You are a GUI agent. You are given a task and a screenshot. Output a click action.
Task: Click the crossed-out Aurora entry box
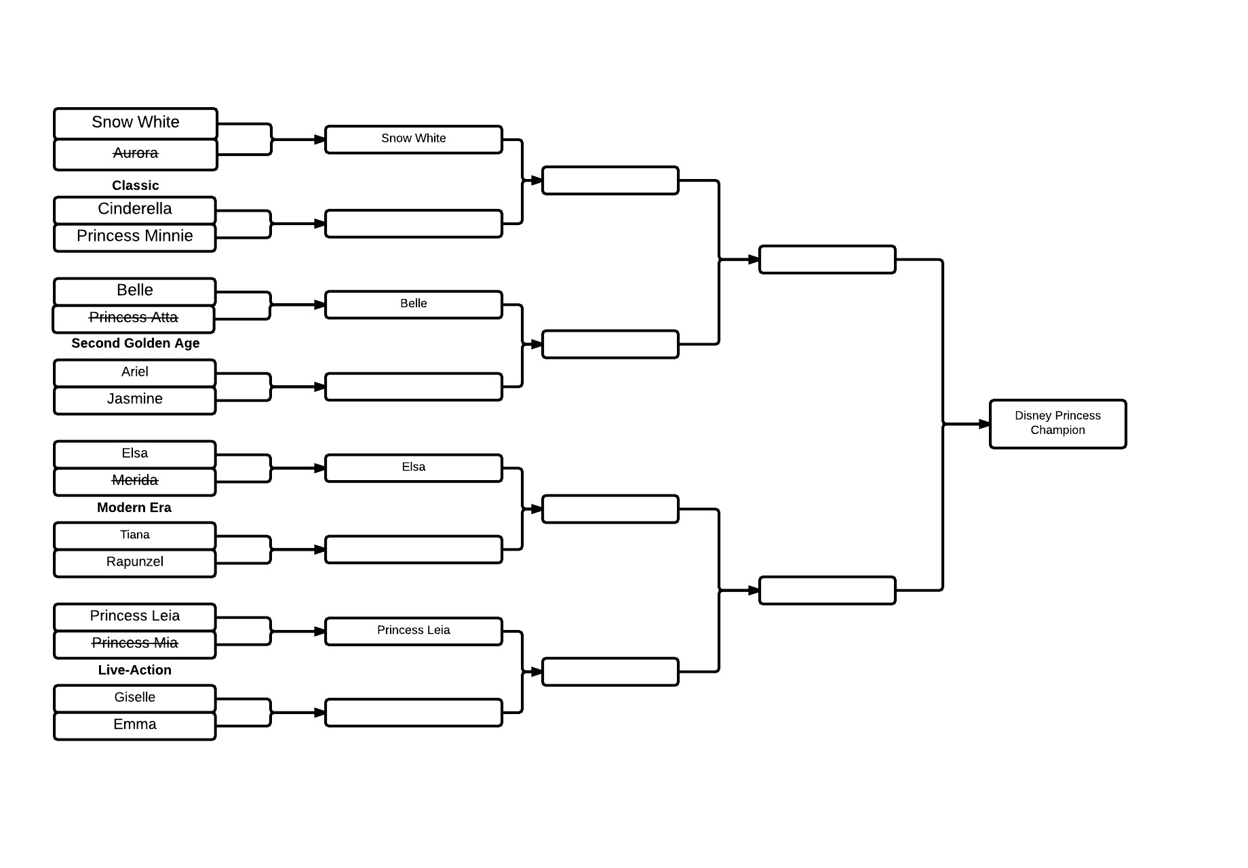[x=136, y=155]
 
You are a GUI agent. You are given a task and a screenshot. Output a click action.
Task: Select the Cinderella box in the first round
[x=135, y=210]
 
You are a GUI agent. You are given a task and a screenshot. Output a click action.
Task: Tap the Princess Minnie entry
[x=135, y=237]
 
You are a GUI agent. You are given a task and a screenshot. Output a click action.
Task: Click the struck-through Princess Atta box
[x=134, y=319]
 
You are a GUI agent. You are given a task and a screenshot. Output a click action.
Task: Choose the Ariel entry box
[x=135, y=373]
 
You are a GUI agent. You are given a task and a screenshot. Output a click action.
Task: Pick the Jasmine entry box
[x=135, y=400]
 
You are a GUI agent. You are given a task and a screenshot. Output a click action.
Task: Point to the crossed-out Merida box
[x=135, y=481]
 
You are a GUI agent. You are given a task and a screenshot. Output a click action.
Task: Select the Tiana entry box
[x=135, y=536]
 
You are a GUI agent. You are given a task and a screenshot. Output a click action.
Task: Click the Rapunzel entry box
[x=135, y=563]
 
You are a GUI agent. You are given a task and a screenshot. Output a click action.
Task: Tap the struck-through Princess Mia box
[x=135, y=644]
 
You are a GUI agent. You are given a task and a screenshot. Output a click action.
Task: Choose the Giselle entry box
[x=135, y=698]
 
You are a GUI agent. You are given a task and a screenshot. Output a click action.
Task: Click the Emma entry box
[x=135, y=726]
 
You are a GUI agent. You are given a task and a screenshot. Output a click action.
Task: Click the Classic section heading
[x=136, y=185]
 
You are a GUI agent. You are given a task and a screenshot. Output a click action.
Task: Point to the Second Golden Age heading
[x=136, y=343]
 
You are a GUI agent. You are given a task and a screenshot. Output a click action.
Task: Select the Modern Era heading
[x=134, y=507]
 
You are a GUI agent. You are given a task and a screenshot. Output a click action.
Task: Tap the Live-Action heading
[x=135, y=670]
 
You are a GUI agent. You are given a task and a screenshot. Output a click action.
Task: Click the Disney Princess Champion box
[x=1058, y=424]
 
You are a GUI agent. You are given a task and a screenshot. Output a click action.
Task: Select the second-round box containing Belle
[x=414, y=304]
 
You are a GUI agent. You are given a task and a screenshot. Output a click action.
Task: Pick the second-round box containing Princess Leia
[x=414, y=631]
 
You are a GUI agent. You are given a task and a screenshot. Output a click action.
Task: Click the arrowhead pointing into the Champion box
[x=985, y=424]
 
